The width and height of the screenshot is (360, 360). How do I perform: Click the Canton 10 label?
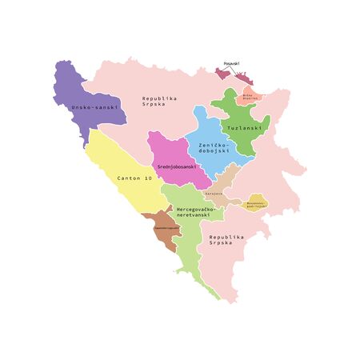pyautogui.click(x=134, y=178)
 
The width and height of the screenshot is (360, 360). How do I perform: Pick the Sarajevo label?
pyautogui.click(x=213, y=193)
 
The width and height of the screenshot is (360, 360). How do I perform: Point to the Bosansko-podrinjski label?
pyautogui.click(x=256, y=204)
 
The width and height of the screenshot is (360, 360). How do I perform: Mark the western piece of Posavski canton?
pyautogui.click(x=222, y=74)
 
